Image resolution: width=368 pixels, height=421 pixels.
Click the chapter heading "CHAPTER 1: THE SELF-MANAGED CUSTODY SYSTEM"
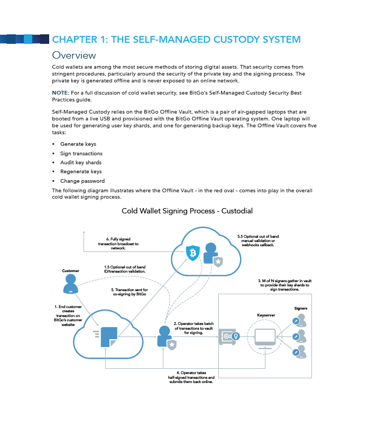(176, 39)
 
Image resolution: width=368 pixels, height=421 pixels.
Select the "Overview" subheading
(74, 55)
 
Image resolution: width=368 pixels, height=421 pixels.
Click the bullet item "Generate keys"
(78, 144)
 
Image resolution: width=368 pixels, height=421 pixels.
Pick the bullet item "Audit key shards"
(81, 162)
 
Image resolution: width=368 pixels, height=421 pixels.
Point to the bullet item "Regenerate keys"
(81, 172)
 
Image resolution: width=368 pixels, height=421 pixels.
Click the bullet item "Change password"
(82, 181)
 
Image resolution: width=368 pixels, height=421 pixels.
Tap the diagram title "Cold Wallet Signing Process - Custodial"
(187, 211)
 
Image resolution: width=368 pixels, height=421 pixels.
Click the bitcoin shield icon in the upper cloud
(192, 253)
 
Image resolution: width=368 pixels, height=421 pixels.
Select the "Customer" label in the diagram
(70, 271)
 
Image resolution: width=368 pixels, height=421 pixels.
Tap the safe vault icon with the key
(229, 336)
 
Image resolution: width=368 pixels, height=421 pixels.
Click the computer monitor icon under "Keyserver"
(265, 336)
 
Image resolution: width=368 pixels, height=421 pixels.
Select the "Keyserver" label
(265, 315)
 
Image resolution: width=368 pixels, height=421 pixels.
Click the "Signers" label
(301, 308)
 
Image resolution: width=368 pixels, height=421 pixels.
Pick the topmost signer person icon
(298, 321)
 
